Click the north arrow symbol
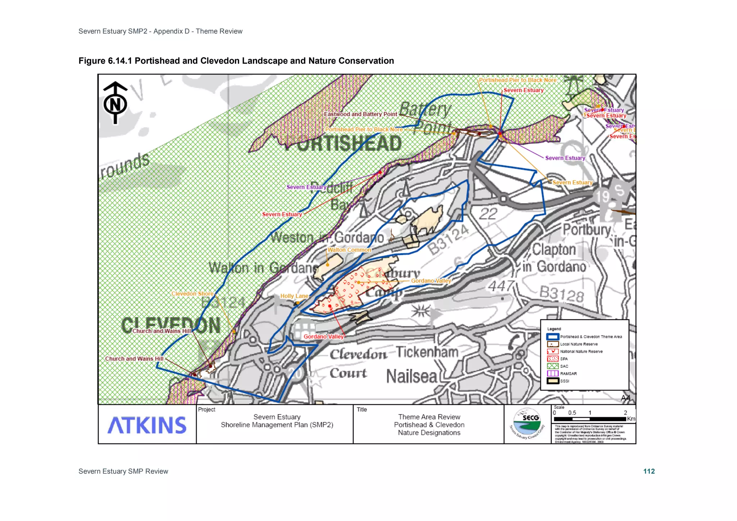point(115,103)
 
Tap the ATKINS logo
point(147,425)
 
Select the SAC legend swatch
point(552,366)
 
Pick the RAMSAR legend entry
point(568,373)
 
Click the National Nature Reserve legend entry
point(581,352)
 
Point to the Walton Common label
point(349,250)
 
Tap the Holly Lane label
point(294,296)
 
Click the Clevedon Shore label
point(192,294)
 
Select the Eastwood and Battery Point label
point(360,114)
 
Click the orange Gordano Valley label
point(431,281)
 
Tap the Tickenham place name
point(427,352)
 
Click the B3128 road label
point(561,294)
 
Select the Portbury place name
point(587,230)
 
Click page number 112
point(649,471)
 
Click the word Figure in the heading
point(92,61)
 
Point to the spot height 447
point(501,286)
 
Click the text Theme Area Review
point(429,417)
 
